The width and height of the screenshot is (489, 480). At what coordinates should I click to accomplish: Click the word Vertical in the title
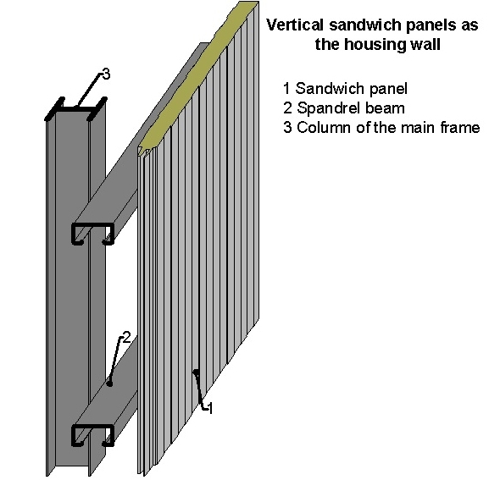295,25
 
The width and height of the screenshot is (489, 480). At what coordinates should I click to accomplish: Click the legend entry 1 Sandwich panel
345,89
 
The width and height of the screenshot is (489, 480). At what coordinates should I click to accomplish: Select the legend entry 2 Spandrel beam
344,108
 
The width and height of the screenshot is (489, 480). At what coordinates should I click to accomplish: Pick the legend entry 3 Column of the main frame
381,127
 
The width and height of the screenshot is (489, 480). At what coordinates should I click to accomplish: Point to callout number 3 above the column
106,74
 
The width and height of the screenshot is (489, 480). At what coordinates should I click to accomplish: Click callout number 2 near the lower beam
126,337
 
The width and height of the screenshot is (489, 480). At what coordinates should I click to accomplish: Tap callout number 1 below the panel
210,408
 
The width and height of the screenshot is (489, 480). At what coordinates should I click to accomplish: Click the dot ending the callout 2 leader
109,383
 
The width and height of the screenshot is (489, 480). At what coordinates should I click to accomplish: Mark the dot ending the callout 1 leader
196,372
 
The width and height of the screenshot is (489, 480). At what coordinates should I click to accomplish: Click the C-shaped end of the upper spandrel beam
92,234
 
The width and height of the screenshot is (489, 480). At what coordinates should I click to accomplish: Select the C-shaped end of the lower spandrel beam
92,435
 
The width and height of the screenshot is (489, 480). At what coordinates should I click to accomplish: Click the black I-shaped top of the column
75,108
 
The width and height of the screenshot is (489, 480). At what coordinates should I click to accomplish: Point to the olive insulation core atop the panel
200,74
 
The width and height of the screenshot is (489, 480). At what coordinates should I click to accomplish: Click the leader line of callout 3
89,91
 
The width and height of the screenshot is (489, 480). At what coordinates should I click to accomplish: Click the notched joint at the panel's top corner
146,152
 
